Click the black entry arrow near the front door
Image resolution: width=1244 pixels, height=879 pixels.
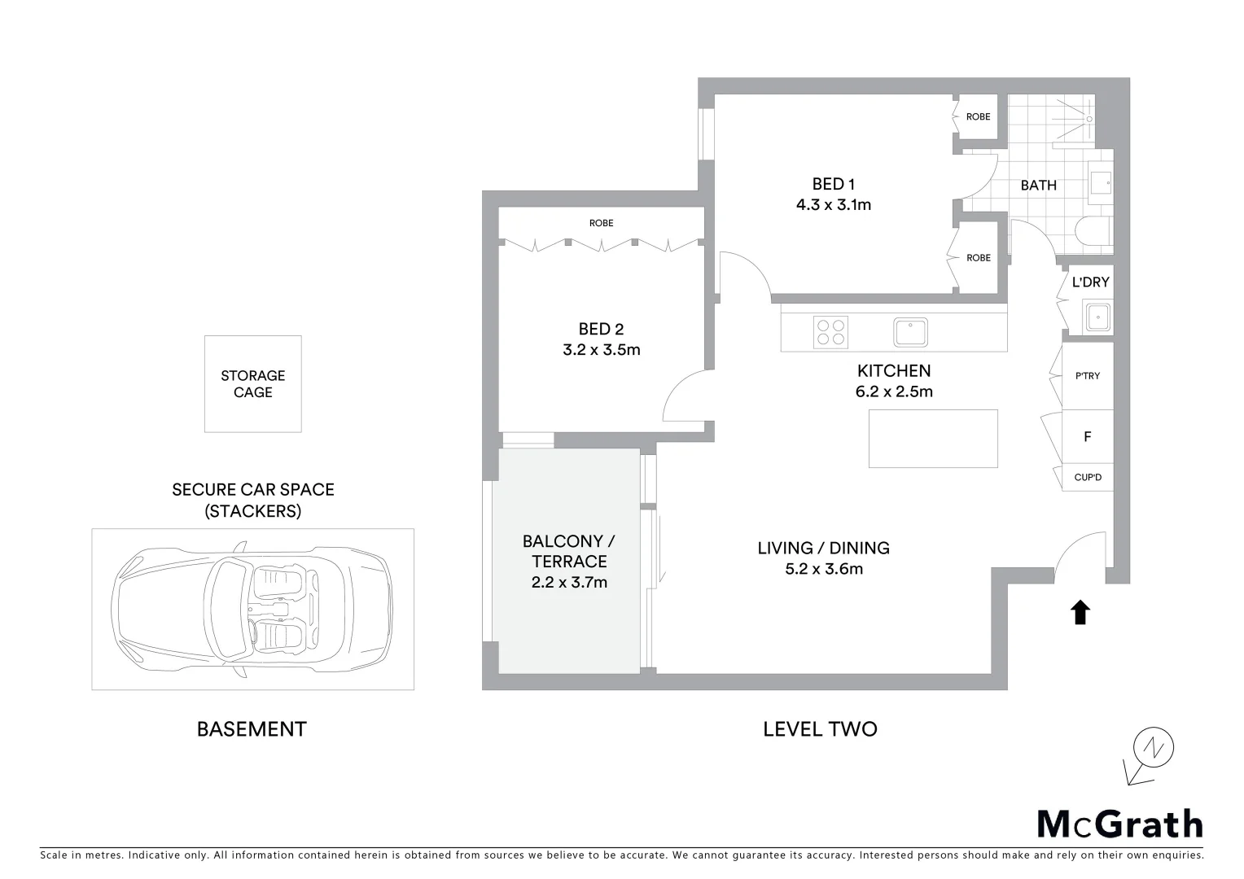coord(1080,612)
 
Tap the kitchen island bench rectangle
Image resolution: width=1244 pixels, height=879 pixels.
coord(933,439)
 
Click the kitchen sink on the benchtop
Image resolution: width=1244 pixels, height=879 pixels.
coord(910,332)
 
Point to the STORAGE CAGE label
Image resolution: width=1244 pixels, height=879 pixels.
coord(253,383)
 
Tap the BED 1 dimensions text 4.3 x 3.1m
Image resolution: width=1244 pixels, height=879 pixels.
coord(834,205)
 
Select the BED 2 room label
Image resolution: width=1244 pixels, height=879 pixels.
coord(601,329)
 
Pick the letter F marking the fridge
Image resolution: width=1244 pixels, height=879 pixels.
coord(1087,437)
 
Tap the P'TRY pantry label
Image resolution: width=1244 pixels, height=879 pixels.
coord(1088,376)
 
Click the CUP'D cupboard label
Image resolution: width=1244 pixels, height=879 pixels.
coord(1088,478)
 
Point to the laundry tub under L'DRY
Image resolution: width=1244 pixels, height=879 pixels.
coord(1097,316)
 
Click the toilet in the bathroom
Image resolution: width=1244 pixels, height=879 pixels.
coord(1093,231)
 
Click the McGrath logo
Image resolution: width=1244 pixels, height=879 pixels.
coord(1119,824)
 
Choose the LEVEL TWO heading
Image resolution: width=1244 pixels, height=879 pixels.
coord(820,728)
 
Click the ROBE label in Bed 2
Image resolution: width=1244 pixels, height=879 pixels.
coord(602,223)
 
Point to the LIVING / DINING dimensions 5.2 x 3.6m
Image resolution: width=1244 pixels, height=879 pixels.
coord(824,569)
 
